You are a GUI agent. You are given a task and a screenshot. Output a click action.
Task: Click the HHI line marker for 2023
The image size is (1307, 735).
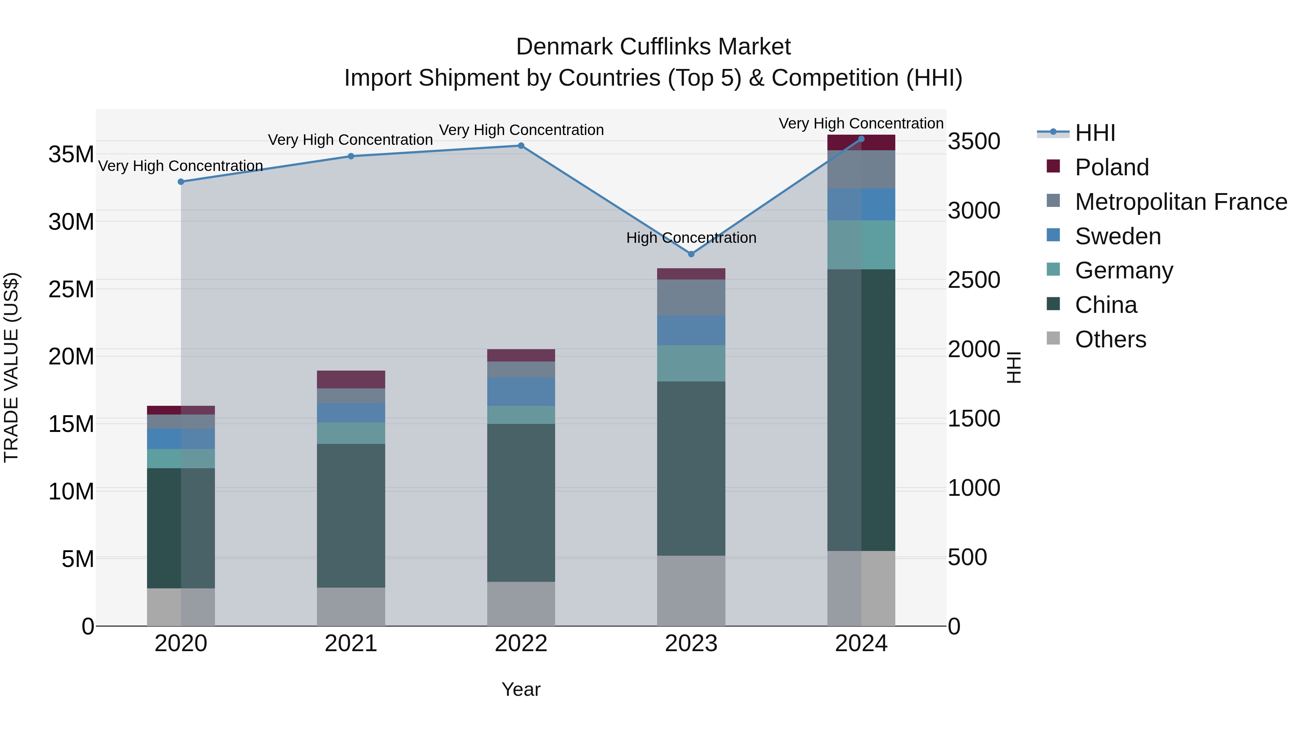click(x=691, y=254)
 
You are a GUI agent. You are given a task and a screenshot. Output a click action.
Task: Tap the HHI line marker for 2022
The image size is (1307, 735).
click(x=521, y=146)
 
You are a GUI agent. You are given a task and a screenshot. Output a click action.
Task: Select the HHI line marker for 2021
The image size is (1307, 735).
click(x=351, y=156)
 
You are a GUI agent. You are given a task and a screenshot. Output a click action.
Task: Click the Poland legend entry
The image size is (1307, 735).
click(x=1111, y=167)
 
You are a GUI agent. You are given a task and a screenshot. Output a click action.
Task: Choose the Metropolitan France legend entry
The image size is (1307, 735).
click(x=1181, y=202)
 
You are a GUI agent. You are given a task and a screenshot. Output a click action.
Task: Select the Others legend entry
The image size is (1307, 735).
click(x=1110, y=339)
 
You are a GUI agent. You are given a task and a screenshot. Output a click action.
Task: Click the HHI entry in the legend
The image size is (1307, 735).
click(x=1095, y=133)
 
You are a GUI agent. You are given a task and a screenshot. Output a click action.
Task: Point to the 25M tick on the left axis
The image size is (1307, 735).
click(x=71, y=290)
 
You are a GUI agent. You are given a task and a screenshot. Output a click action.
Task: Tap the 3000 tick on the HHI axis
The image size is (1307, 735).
click(x=974, y=211)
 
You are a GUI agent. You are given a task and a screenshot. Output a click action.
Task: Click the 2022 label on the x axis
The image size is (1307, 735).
click(x=521, y=644)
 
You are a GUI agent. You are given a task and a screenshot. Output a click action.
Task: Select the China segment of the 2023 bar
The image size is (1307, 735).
click(x=691, y=468)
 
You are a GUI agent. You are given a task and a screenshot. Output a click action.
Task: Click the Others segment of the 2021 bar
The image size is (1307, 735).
click(x=351, y=607)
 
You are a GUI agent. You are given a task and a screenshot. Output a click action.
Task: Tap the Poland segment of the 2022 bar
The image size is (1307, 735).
click(x=521, y=355)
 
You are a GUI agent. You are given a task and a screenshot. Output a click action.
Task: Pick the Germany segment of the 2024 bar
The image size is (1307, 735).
click(x=861, y=245)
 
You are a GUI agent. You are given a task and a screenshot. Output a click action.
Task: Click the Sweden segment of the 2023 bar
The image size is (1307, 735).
click(x=691, y=330)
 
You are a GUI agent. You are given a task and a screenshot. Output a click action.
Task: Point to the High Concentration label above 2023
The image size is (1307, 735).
click(x=691, y=238)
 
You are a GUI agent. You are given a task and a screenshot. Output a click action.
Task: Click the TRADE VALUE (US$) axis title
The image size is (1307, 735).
click(x=11, y=367)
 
